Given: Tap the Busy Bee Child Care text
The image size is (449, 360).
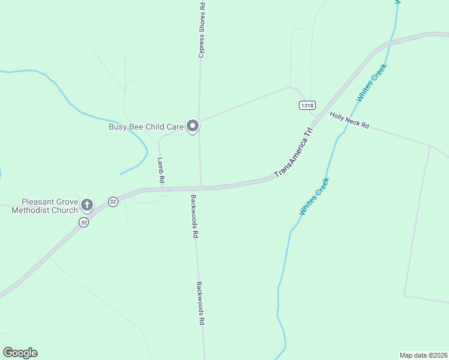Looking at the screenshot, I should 146,127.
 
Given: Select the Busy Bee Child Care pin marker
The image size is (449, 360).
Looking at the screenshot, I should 193,126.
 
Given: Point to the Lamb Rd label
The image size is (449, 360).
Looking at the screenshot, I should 161,170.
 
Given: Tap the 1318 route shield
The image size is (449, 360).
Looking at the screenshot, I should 307,105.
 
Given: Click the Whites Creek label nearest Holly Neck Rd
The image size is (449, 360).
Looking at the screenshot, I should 372,82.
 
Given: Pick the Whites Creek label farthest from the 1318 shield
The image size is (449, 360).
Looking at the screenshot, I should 315,197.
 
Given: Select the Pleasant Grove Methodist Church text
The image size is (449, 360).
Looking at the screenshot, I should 50,206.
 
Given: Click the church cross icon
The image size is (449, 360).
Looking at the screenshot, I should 87,205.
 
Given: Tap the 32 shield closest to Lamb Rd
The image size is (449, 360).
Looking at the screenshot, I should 113,202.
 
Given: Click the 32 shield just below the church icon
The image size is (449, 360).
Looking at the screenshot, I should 83,222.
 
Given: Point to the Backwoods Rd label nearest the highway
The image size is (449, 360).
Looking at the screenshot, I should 194,216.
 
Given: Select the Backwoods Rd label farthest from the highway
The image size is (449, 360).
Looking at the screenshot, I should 201,303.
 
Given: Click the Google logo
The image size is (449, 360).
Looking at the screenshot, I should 20,353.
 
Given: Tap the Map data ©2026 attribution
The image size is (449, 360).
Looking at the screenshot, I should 423,355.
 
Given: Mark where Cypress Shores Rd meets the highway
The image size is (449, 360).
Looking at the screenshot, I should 200,187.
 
